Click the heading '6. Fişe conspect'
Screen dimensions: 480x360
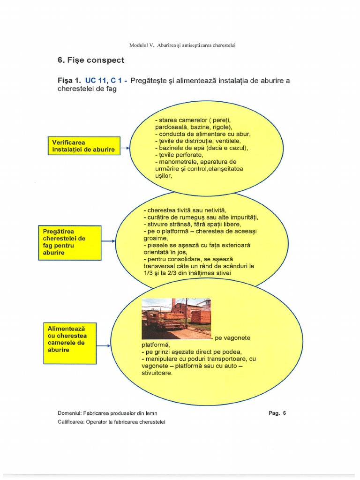pyautogui.click(x=91, y=60)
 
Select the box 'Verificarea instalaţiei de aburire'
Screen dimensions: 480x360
pyautogui.click(x=83, y=145)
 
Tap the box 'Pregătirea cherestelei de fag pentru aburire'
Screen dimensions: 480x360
pyautogui.click(x=69, y=242)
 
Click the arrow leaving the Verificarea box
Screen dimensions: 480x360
pyautogui.click(x=125, y=149)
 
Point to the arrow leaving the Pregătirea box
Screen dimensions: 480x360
pyautogui.click(x=108, y=241)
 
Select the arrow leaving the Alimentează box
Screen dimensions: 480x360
pyautogui.click(x=103, y=346)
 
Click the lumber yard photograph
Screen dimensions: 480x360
pyautogui.click(x=176, y=318)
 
